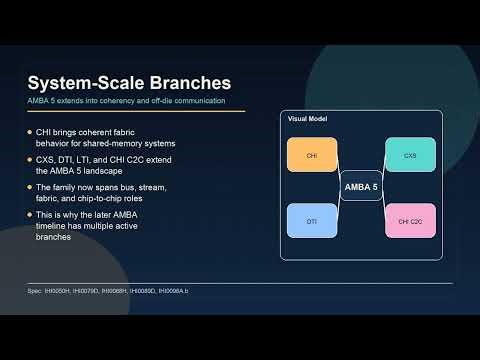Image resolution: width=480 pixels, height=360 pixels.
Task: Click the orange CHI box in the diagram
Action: click(312, 155)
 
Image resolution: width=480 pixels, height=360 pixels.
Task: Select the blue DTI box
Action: click(312, 220)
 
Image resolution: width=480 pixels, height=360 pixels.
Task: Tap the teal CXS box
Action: click(410, 155)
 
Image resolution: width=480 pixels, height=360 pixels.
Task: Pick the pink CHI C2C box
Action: click(410, 220)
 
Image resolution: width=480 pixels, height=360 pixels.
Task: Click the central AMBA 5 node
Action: click(361, 187)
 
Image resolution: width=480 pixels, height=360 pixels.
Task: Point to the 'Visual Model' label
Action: click(307, 119)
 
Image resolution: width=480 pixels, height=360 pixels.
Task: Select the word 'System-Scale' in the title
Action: click(81, 81)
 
